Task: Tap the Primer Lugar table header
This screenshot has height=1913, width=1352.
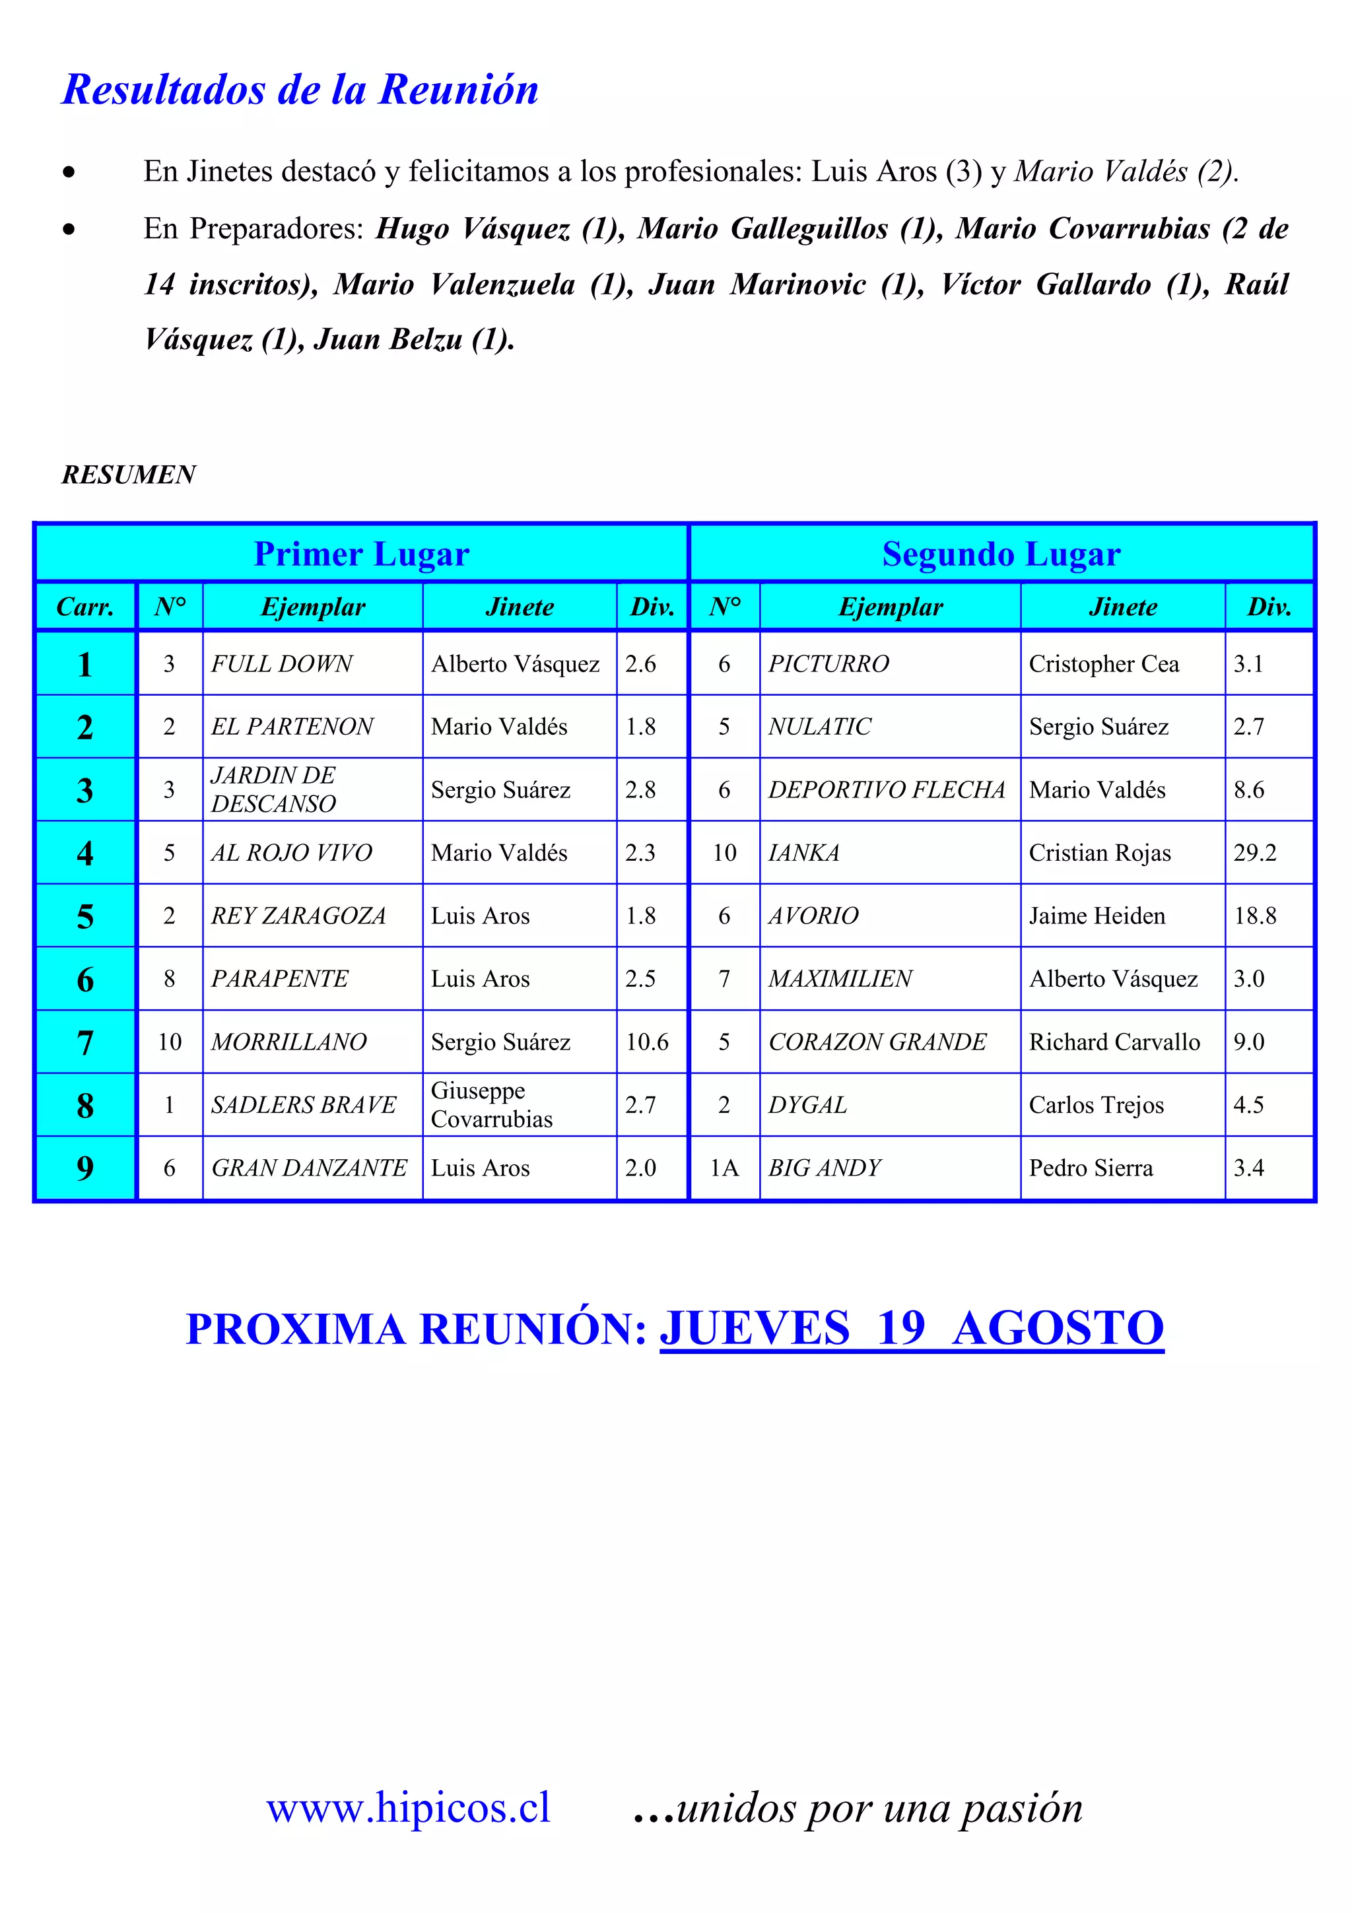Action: pyautogui.click(x=362, y=554)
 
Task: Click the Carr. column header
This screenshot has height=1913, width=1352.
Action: pyautogui.click(x=85, y=607)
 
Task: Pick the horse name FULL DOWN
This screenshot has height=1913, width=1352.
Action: pyautogui.click(x=282, y=664)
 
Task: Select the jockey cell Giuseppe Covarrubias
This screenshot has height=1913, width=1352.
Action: pyautogui.click(x=491, y=1105)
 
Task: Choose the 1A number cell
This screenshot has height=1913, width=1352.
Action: pyautogui.click(x=724, y=1168)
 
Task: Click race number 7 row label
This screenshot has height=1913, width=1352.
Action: pyautogui.click(x=85, y=1042)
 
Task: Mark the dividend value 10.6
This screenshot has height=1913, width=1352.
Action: pyautogui.click(x=647, y=1042)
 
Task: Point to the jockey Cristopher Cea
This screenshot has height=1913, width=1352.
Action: pyautogui.click(x=1104, y=664)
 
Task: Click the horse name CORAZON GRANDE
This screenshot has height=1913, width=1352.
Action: pyautogui.click(x=877, y=1042)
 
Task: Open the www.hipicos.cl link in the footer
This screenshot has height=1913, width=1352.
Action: pyautogui.click(x=408, y=1808)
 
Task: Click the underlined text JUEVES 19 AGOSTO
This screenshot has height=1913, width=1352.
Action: pyautogui.click(x=911, y=1328)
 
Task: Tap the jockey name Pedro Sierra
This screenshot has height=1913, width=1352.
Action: pyautogui.click(x=1091, y=1168)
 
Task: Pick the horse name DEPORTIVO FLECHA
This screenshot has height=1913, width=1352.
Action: pyautogui.click(x=887, y=790)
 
